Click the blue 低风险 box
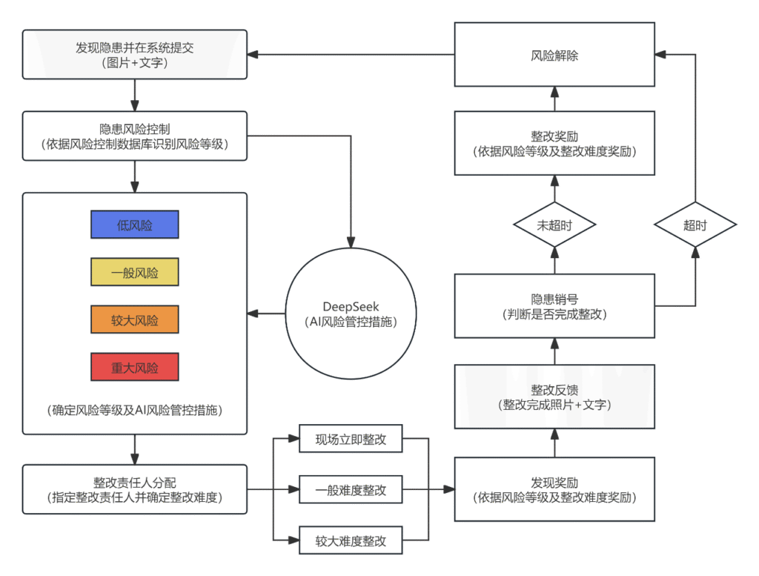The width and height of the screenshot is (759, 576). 135,225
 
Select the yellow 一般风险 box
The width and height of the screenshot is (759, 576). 135,272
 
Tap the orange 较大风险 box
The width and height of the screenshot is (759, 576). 135,320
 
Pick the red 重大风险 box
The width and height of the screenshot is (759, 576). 135,367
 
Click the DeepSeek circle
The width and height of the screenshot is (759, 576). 351,314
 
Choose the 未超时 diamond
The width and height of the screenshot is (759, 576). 554,225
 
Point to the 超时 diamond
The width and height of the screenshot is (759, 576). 695,225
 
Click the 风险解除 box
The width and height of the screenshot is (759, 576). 554,55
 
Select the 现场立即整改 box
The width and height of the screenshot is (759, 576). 351,439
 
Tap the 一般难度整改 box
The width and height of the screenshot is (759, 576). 351,489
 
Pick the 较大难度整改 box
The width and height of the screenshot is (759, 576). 351,540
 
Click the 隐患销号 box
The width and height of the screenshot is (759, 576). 554,306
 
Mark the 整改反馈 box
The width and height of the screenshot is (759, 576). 554,397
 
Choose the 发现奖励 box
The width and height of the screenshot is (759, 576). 554,489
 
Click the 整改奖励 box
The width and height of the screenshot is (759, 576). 554,143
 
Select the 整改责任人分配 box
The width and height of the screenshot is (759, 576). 135,489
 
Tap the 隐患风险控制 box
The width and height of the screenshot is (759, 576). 135,136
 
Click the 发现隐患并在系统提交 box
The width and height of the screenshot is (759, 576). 135,55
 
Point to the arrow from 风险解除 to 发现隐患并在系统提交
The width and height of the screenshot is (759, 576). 351,55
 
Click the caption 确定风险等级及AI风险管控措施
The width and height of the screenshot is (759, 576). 135,411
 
